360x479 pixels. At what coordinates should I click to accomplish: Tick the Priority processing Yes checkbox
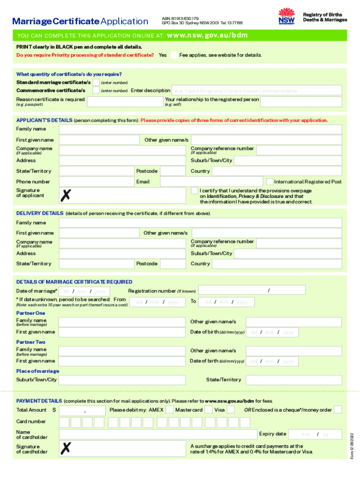(173, 55)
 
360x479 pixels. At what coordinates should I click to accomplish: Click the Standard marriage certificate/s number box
(95, 82)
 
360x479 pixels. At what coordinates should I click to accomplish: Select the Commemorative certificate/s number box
(95, 90)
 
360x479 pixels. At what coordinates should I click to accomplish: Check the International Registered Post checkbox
(270, 181)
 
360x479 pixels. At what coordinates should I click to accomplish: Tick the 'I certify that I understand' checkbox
(194, 191)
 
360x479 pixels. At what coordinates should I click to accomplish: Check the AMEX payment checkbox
(170, 410)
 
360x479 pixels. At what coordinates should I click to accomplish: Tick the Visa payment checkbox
(231, 410)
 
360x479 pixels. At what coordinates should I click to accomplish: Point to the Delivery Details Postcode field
(173, 264)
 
